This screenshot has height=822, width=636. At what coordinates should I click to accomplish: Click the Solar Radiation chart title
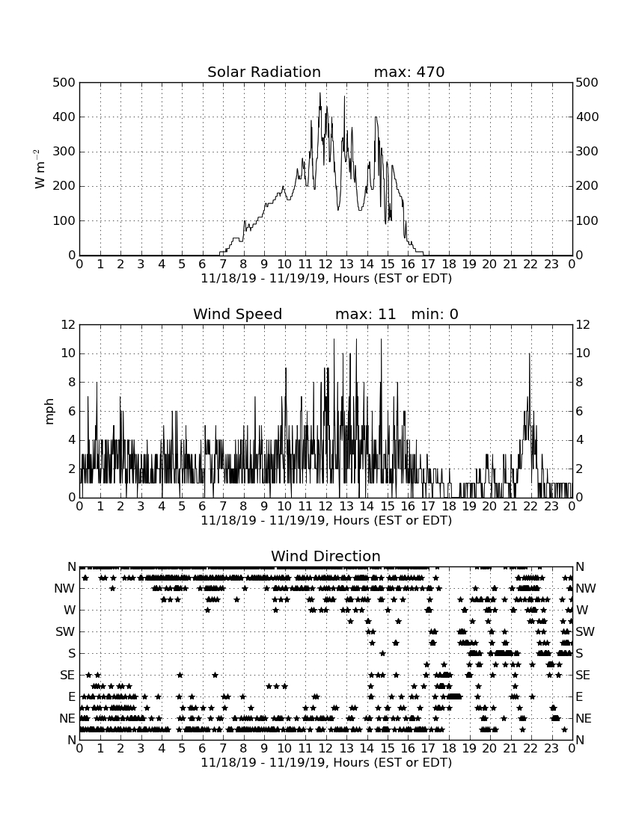(264, 72)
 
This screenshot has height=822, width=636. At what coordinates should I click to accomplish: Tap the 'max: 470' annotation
(409, 72)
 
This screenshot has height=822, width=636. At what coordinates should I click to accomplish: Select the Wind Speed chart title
(238, 314)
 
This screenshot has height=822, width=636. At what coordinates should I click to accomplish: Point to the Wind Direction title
(325, 556)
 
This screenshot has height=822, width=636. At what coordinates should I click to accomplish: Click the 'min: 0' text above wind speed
(435, 314)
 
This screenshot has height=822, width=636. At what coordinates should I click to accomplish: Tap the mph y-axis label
(49, 412)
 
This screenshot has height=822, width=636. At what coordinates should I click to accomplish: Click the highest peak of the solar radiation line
(320, 93)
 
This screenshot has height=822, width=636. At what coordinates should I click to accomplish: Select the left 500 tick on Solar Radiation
(64, 83)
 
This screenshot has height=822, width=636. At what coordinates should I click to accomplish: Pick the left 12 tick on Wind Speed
(69, 325)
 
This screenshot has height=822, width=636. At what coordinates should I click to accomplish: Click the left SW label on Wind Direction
(65, 632)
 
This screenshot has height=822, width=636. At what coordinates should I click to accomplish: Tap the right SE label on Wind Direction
(583, 676)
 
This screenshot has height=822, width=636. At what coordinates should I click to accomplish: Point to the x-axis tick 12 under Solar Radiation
(326, 265)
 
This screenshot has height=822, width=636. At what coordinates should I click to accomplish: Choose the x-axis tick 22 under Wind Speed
(530, 507)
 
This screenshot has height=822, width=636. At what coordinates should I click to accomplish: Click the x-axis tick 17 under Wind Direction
(428, 749)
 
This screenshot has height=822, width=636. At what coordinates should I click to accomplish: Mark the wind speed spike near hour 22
(530, 354)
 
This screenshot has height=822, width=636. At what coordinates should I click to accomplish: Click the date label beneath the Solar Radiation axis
(326, 279)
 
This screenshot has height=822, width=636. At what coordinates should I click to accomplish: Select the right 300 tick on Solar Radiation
(587, 152)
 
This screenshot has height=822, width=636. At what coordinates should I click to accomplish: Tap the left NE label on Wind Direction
(67, 719)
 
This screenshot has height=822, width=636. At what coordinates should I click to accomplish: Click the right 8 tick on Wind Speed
(579, 383)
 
